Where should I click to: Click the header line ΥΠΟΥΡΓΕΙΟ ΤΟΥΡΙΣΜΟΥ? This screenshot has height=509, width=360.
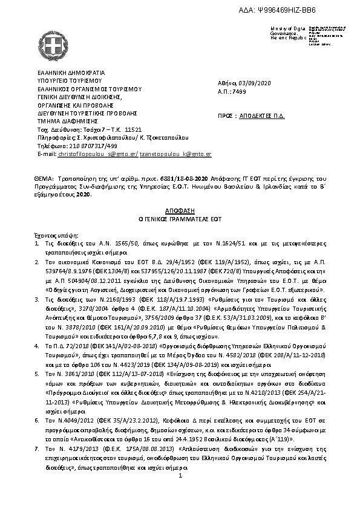coord(70,79)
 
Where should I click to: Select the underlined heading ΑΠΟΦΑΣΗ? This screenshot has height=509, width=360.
coord(180,206)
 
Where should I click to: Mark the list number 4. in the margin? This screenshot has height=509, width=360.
coord(36,342)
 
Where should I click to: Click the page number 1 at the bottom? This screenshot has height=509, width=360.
coord(180,476)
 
